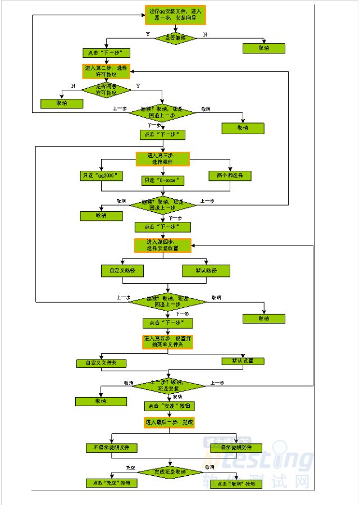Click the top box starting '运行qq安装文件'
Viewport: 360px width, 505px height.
click(176, 15)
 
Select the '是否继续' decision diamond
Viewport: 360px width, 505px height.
click(176, 38)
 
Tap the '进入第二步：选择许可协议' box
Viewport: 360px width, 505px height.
click(106, 71)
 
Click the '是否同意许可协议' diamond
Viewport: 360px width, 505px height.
click(106, 89)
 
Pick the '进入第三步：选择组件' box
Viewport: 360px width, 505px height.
click(163, 158)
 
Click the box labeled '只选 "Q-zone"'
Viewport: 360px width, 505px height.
click(163, 180)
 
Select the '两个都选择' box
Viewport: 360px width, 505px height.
click(230, 176)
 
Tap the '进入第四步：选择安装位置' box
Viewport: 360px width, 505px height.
click(163, 245)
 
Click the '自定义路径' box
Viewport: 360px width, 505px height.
click(122, 270)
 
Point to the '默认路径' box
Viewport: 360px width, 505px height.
click(206, 270)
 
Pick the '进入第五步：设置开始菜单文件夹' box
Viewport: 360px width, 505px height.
click(167, 342)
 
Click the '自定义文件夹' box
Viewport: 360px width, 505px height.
click(101, 363)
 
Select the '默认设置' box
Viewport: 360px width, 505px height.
click(243, 361)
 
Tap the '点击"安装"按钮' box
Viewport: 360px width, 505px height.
click(170, 405)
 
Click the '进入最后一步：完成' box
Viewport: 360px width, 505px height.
click(169, 422)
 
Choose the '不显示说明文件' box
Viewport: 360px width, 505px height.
click(111, 448)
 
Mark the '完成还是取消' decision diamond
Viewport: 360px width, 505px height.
click(170, 471)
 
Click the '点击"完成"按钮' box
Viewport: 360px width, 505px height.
click(111, 483)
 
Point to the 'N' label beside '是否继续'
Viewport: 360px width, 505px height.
click(204, 34)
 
